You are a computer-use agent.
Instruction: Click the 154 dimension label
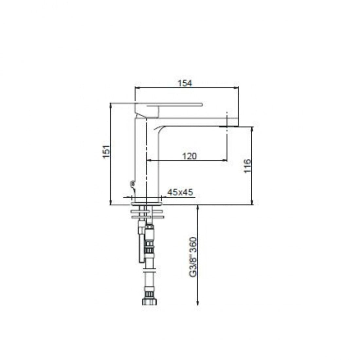point(185,83)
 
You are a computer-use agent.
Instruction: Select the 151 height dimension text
point(106,152)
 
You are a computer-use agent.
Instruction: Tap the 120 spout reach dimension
point(189,156)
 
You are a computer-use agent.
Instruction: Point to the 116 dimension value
point(247,166)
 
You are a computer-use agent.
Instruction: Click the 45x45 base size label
point(180,192)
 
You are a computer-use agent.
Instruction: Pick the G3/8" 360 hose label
point(193,257)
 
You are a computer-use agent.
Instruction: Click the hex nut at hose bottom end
point(149,301)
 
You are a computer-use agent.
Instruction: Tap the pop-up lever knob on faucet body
point(132,184)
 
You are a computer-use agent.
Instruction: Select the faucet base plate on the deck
point(147,204)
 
